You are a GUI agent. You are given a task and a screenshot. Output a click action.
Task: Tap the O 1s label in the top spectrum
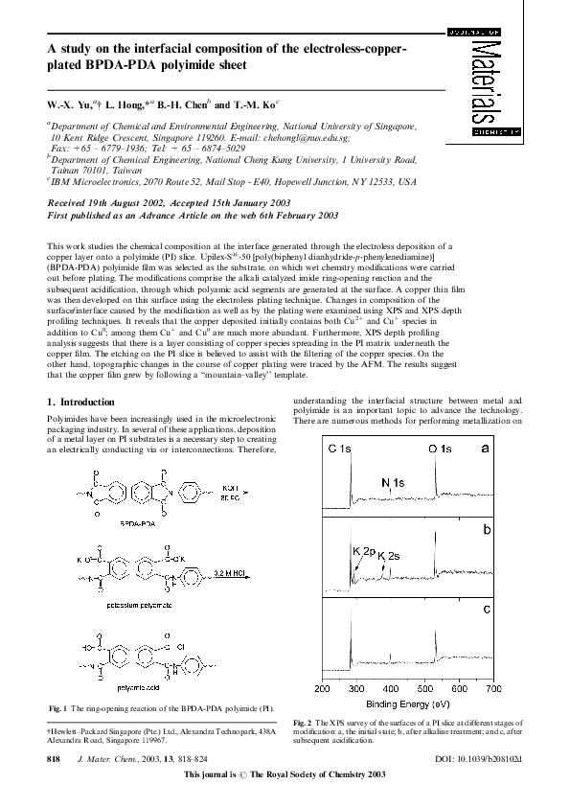(443, 449)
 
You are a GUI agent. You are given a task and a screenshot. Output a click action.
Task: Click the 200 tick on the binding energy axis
(323, 688)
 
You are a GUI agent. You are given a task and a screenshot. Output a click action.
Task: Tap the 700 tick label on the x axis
(492, 688)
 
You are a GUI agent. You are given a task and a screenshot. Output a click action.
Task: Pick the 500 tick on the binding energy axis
(424, 688)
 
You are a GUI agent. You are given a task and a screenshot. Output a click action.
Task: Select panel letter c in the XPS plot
(487, 610)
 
